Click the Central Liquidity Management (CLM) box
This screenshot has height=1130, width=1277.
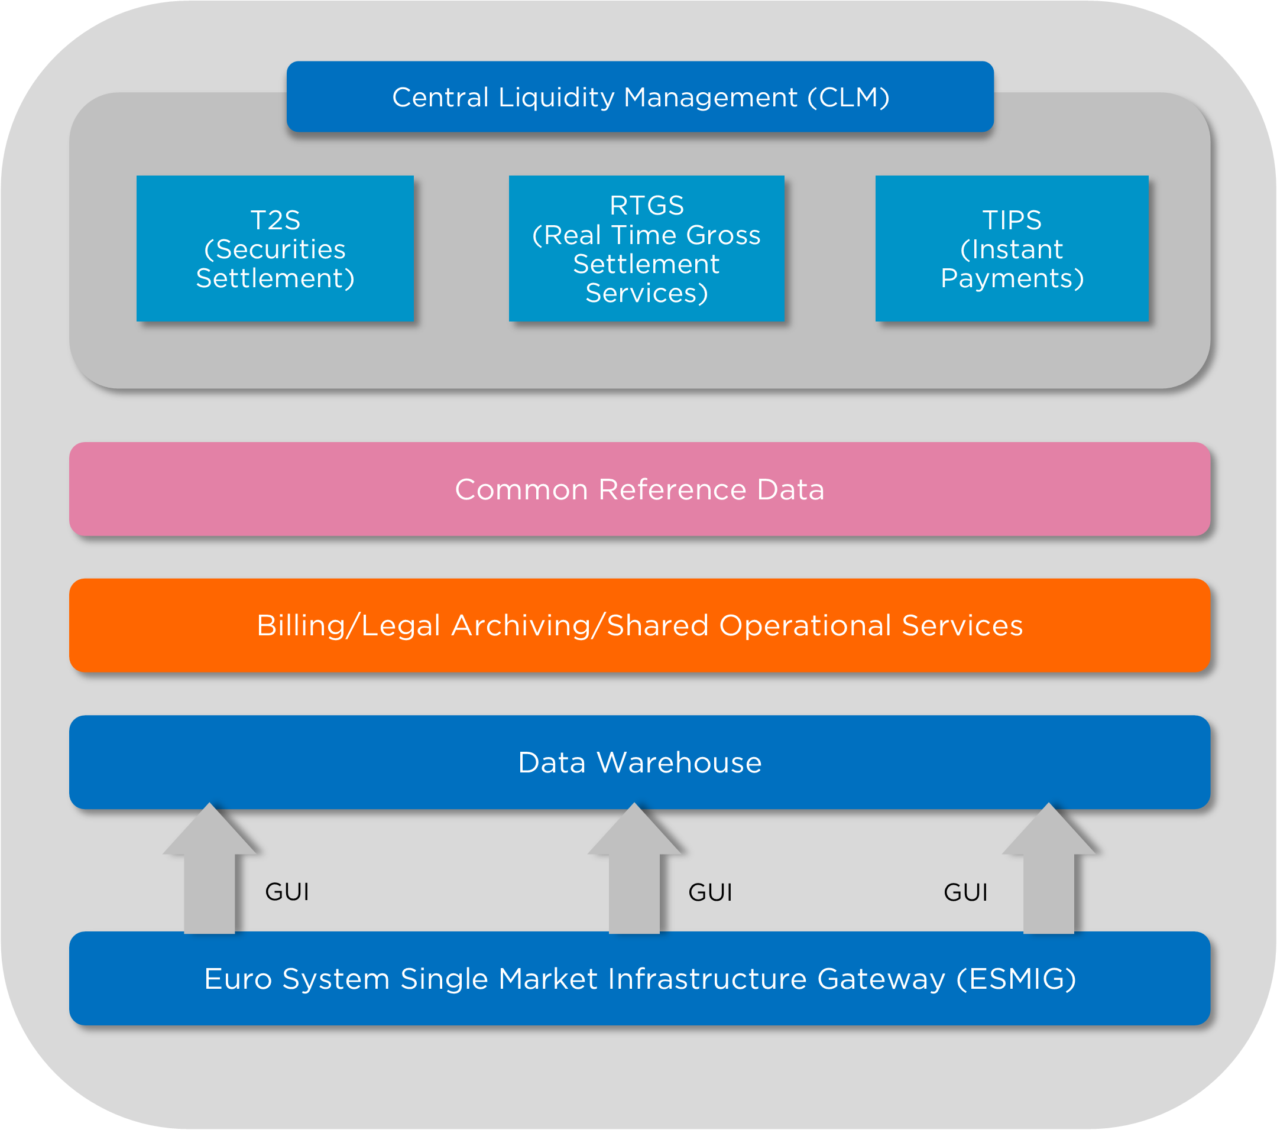[x=640, y=97]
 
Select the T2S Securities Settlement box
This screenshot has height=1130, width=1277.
[x=275, y=249]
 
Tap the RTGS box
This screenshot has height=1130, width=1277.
[x=647, y=249]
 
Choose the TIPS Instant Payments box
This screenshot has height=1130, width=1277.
[x=1012, y=249]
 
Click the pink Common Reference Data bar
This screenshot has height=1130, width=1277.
[x=640, y=489]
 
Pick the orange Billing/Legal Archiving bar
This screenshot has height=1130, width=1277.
[x=640, y=625]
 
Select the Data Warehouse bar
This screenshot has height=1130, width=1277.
[x=640, y=762]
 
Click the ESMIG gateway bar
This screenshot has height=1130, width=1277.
[x=640, y=978]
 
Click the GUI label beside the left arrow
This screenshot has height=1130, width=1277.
[x=287, y=892]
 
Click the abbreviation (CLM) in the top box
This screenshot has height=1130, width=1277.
[x=848, y=98]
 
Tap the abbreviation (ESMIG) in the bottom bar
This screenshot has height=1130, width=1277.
[x=1016, y=979]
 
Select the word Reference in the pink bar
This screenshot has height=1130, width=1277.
[x=672, y=490]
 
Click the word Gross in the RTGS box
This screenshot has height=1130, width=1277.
[x=723, y=235]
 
